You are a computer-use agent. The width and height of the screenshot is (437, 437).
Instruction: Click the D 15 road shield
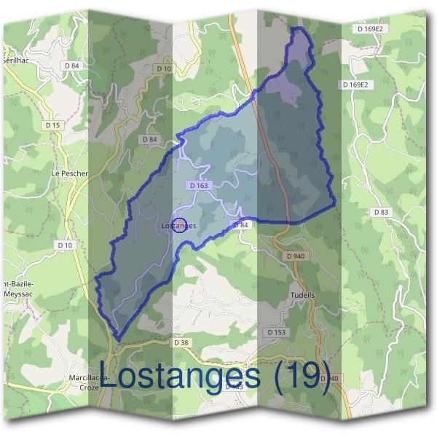tap(52, 125)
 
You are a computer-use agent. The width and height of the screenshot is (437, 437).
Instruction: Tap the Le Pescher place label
tap(69, 174)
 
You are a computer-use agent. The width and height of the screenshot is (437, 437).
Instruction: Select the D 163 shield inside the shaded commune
tap(199, 186)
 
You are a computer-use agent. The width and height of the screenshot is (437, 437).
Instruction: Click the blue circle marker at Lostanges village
tap(180, 225)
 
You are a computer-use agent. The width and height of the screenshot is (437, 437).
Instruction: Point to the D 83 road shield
tap(382, 212)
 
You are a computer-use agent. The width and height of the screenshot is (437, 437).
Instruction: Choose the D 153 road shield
tap(276, 332)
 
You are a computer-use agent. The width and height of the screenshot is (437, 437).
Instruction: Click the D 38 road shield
tap(181, 342)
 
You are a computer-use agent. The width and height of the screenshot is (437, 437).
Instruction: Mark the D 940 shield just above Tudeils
tap(295, 256)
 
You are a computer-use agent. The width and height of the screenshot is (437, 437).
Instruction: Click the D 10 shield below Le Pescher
tap(66, 245)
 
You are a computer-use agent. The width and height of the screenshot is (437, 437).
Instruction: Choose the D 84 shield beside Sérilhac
tap(71, 66)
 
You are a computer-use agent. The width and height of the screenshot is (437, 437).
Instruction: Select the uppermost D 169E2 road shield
tap(370, 29)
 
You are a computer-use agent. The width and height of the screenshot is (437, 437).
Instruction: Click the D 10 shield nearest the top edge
tap(163, 68)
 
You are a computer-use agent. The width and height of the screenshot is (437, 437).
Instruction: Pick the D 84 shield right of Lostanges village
tap(241, 226)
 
